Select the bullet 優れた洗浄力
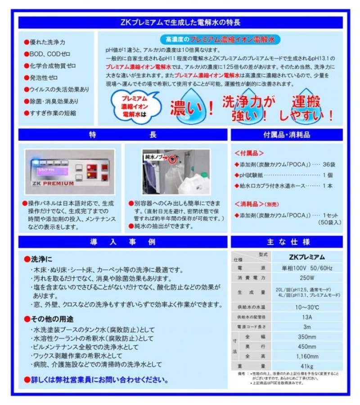pos(47,42)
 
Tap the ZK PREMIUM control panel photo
pos(70,172)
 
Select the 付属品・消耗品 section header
pos(287,135)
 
